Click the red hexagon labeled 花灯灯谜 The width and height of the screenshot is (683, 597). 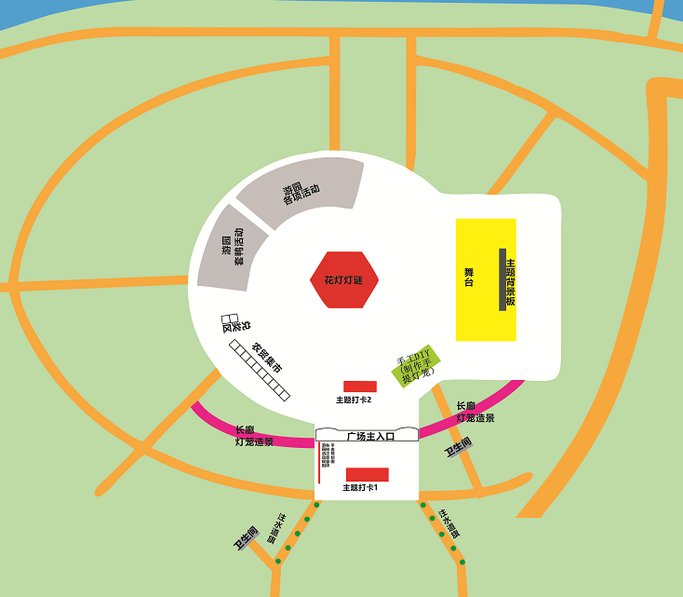pos(344,279)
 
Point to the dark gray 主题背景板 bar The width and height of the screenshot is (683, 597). pos(502,279)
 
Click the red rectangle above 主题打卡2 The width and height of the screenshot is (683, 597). pos(360,387)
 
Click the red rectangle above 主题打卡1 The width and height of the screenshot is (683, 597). pos(367,474)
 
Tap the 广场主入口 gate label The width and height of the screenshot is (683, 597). pos(370,435)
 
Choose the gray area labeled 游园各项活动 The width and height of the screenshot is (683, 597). pos(300,191)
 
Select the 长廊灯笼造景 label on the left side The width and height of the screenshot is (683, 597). pos(253,436)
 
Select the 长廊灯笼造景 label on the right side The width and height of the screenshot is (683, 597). pos(475,413)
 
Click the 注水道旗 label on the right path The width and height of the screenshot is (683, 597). pos(449,522)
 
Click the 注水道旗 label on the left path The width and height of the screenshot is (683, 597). pos(276,528)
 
